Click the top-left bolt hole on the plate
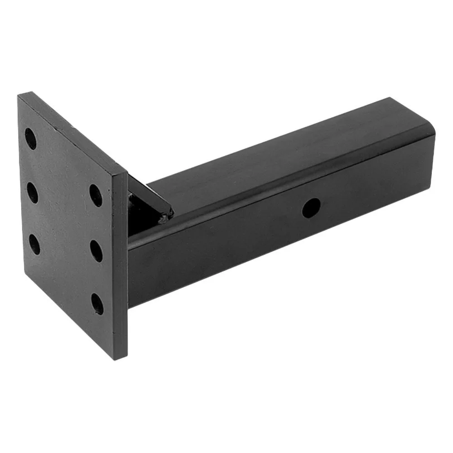[31, 139]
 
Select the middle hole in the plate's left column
[33, 193]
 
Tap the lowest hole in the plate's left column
[34, 245]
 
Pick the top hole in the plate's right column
[96, 195]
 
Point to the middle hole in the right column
[96, 251]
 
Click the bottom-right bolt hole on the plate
[97, 304]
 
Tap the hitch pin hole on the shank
[311, 208]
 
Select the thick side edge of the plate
[120, 267]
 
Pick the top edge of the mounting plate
[72, 131]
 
